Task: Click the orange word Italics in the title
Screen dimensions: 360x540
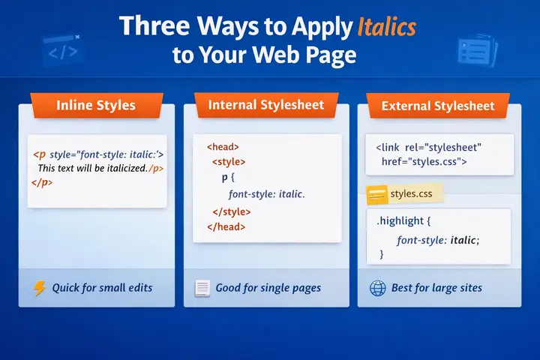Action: click(x=385, y=27)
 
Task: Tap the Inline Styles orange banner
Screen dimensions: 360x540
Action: click(x=96, y=105)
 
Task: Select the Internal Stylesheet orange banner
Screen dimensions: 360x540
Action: click(x=265, y=104)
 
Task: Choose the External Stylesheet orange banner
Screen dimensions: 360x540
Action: click(x=438, y=106)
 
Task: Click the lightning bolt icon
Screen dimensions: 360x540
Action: click(x=40, y=288)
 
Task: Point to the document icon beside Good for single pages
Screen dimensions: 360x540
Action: click(x=201, y=288)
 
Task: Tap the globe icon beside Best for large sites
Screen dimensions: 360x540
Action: click(x=378, y=288)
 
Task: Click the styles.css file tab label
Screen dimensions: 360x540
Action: click(x=411, y=194)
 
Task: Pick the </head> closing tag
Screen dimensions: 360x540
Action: click(x=225, y=226)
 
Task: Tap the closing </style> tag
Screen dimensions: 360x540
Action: click(x=232, y=211)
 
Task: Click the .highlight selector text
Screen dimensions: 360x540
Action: click(x=406, y=222)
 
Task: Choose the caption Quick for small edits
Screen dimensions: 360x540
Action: click(x=102, y=288)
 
